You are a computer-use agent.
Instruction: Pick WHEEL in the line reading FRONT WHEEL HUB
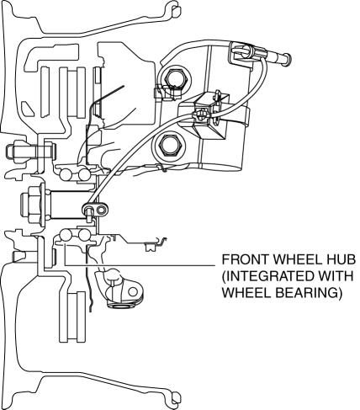pyautogui.click(x=295, y=259)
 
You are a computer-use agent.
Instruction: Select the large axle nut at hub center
pyautogui.click(x=30, y=205)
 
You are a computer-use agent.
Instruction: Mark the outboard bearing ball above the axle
pyautogui.click(x=66, y=174)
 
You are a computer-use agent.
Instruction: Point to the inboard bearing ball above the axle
pyautogui.click(x=84, y=174)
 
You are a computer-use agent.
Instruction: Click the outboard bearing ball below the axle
pyautogui.click(x=66, y=235)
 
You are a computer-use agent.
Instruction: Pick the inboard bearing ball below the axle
pyautogui.click(x=84, y=235)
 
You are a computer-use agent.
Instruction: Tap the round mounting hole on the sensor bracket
pyautogui.click(x=102, y=210)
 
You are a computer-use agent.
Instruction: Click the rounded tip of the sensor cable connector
pyautogui.click(x=288, y=59)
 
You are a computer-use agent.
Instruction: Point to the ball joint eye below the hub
pyautogui.click(x=134, y=292)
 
